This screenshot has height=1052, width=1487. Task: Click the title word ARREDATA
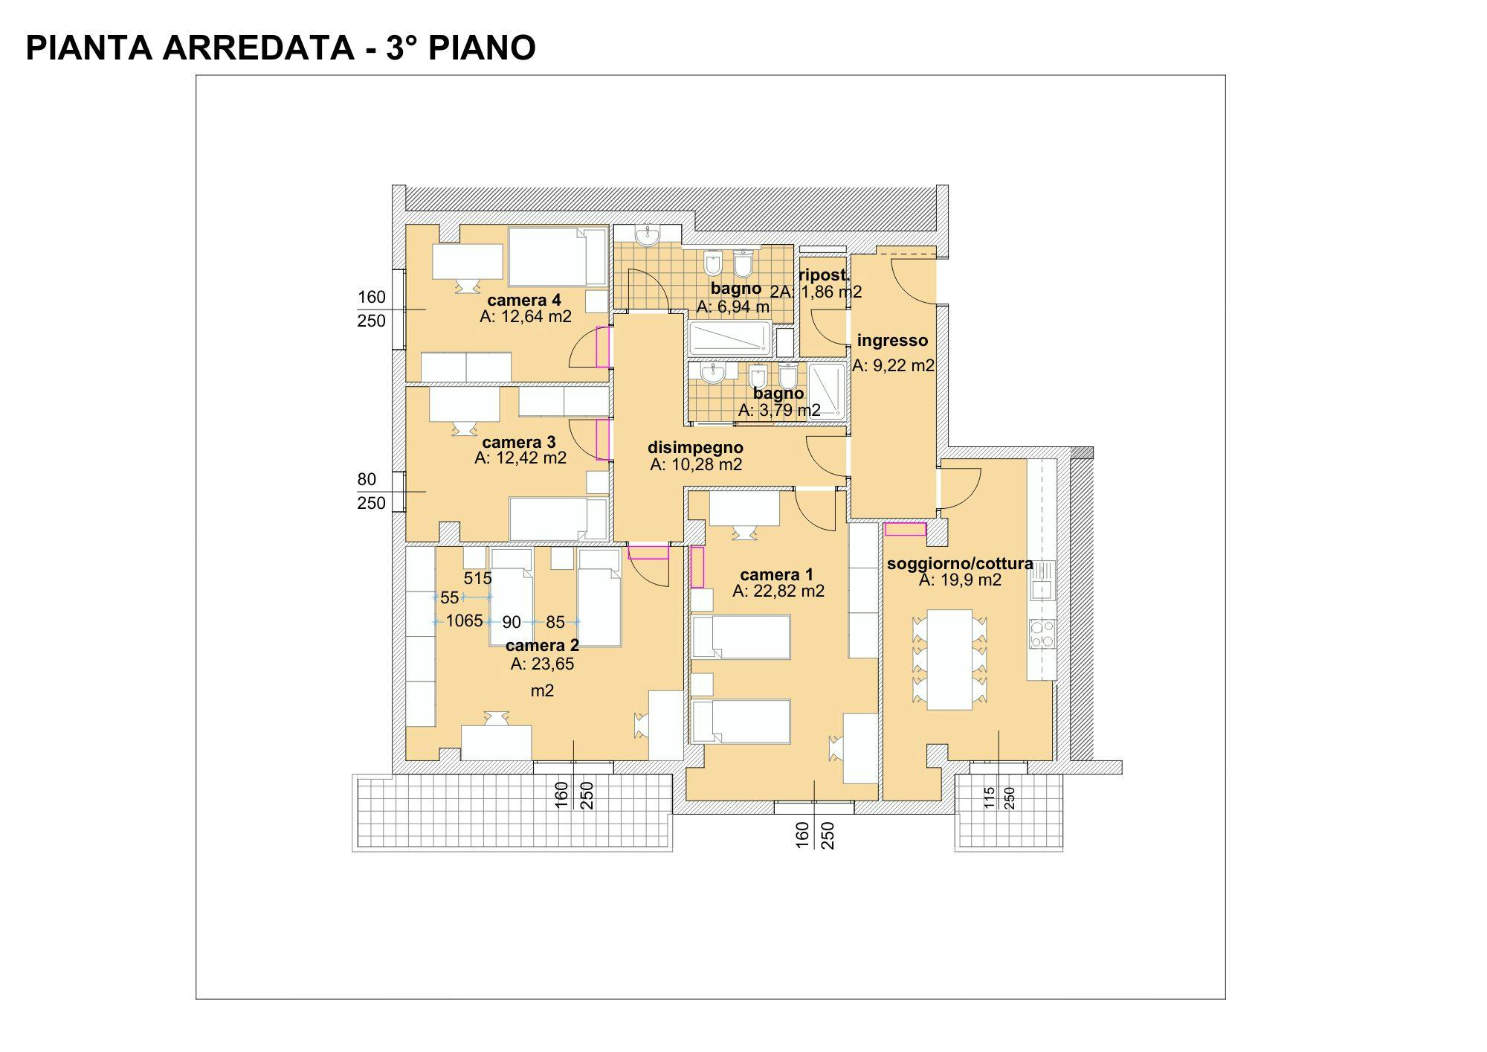click(x=257, y=48)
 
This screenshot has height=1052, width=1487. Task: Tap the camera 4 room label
click(x=524, y=301)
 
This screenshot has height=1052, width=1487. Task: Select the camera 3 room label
click(x=519, y=443)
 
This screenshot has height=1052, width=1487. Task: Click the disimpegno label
click(x=695, y=448)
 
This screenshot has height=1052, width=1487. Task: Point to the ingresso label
click(x=892, y=341)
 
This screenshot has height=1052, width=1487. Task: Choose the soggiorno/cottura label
click(x=960, y=564)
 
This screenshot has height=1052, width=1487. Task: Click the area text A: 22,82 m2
click(x=778, y=591)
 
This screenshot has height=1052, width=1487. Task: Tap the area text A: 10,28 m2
click(x=696, y=465)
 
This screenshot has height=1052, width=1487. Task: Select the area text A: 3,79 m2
click(x=779, y=411)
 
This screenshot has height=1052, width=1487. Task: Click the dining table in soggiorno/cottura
click(x=949, y=660)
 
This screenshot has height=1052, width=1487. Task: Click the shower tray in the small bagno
click(x=827, y=391)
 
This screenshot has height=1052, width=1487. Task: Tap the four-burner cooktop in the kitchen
click(x=1042, y=633)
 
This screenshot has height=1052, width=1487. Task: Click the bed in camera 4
click(x=558, y=257)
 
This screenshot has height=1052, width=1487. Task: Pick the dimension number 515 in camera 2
click(x=477, y=578)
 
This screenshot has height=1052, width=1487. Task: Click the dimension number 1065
click(x=465, y=620)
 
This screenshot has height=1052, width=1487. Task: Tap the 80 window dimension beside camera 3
click(x=367, y=479)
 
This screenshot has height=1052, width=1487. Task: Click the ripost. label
click(x=824, y=275)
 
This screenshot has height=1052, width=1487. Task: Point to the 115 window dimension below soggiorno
click(x=989, y=798)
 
